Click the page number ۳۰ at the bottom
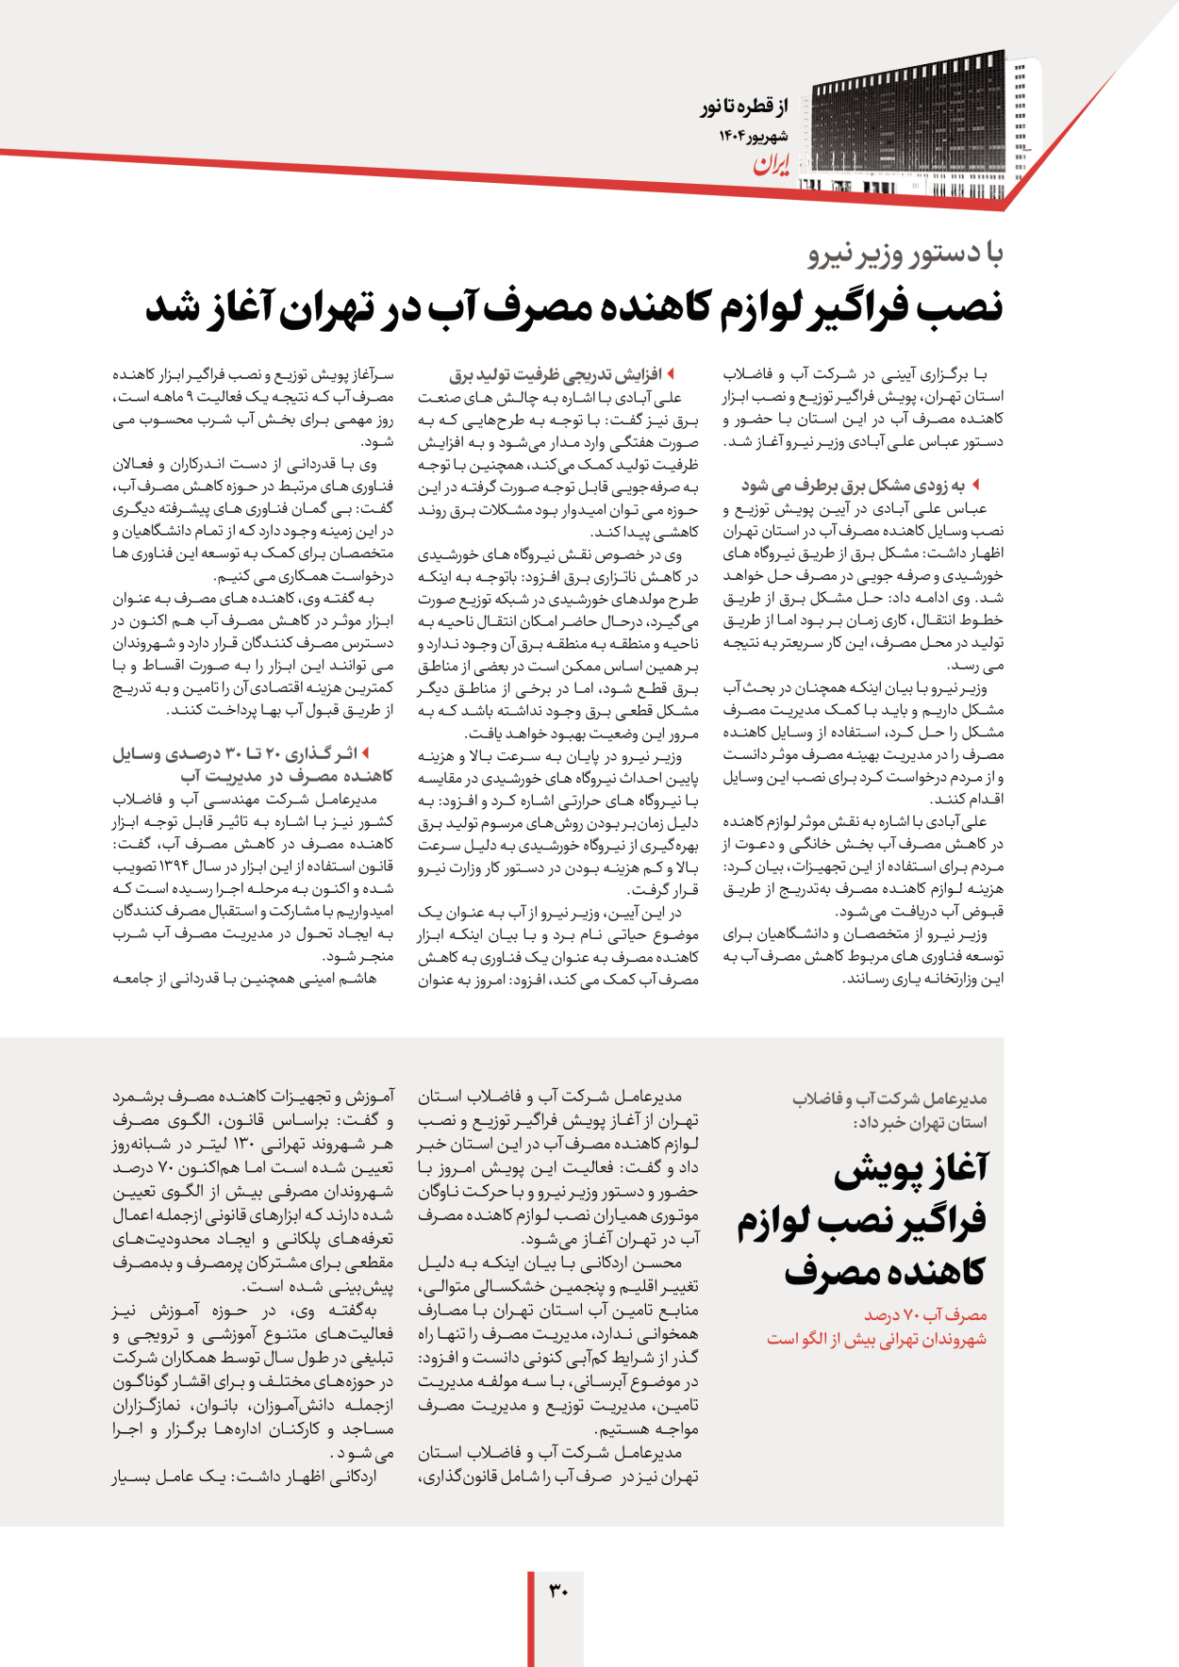coord(558,1592)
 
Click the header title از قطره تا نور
coord(743,107)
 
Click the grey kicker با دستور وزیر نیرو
coord(905,254)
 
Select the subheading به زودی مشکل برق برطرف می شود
coord(853,486)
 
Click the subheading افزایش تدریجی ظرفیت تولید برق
coord(556,375)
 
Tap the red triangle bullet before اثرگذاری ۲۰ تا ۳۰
coord(365,753)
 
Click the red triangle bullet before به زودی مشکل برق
coord(975,485)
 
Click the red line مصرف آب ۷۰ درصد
coord(925,1314)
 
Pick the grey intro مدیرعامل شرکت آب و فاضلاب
coord(889,1099)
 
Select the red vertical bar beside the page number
coord(531,1618)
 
